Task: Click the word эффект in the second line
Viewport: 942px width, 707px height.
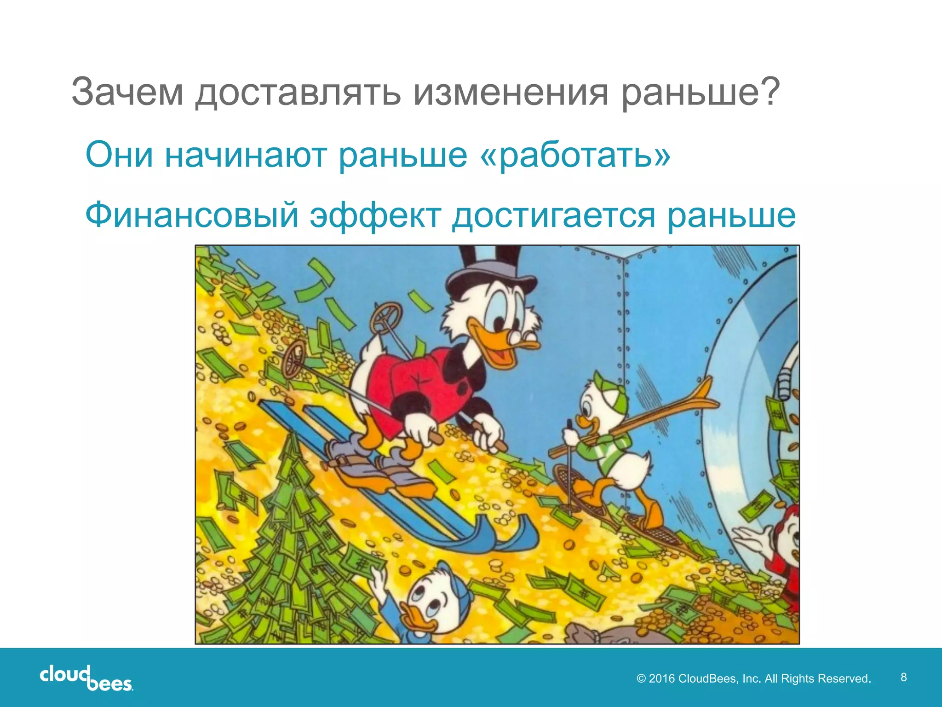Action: point(375,215)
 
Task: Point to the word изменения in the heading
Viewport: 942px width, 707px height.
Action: point(511,93)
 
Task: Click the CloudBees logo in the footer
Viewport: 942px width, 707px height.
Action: point(86,678)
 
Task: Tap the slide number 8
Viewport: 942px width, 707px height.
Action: point(903,677)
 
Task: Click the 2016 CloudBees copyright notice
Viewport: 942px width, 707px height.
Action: point(753,678)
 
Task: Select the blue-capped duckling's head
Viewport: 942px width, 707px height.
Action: point(435,598)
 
